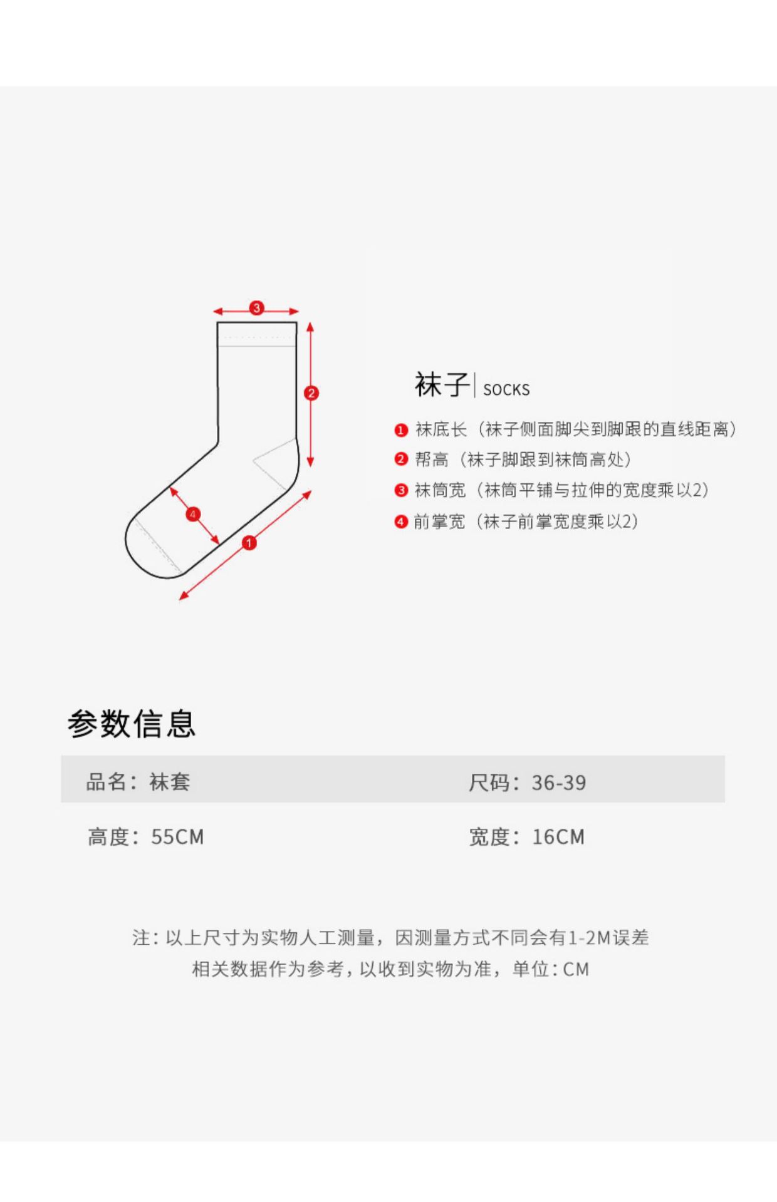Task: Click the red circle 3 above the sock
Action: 256,308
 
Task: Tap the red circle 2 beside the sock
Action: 311,393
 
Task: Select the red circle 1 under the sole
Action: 249,543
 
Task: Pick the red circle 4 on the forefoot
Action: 193,515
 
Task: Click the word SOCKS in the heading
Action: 506,390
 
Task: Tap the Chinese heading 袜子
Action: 441,384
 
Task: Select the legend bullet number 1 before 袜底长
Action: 401,431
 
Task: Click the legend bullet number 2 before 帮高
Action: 401,460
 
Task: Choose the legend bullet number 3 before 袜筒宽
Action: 401,491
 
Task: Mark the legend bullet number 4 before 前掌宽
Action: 401,521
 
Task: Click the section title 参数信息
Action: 132,724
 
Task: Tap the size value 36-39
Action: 559,783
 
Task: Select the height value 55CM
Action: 177,837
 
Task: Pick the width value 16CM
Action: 558,837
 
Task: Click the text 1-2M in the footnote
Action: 589,938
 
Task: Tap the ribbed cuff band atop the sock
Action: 257,334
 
